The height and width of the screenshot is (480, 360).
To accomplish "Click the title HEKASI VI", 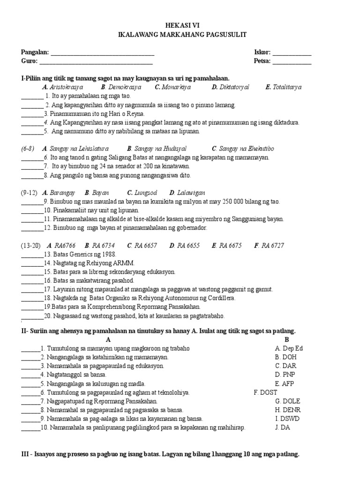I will (180, 26).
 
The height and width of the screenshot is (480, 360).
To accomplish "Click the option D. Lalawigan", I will (187, 193).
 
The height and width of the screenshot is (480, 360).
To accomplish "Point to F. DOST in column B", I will (265, 392).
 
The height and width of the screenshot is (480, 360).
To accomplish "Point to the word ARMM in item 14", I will (124, 263).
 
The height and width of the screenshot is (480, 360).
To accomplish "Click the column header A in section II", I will (108, 339).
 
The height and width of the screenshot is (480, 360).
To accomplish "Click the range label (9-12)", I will (29, 193).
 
